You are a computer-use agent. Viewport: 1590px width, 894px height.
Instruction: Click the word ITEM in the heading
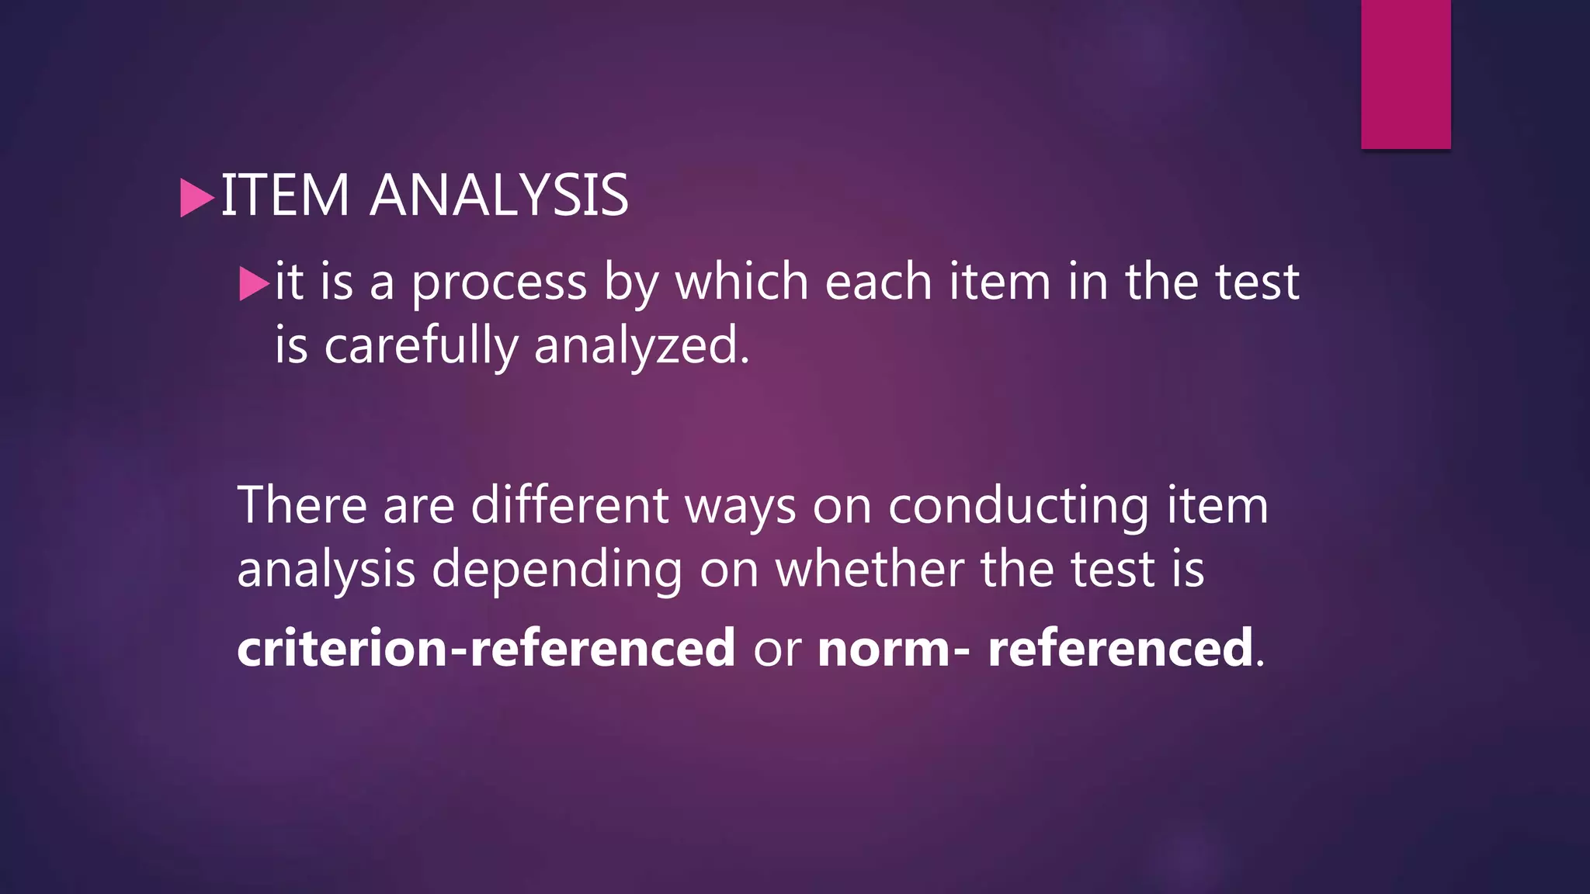[285, 195]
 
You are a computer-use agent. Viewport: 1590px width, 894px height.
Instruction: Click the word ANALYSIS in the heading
[499, 195]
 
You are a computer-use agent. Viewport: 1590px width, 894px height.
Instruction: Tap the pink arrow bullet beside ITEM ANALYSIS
[196, 198]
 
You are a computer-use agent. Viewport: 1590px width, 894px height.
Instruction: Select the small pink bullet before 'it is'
[254, 283]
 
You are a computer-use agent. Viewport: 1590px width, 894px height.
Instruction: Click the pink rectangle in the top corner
[1405, 74]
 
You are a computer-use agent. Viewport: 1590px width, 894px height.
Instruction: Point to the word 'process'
[499, 283]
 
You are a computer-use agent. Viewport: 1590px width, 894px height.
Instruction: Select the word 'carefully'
[421, 346]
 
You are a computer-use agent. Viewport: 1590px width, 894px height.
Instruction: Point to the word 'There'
[302, 505]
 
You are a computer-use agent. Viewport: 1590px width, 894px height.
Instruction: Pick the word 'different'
[569, 505]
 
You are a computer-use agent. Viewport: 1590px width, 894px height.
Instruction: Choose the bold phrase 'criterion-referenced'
[486, 647]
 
